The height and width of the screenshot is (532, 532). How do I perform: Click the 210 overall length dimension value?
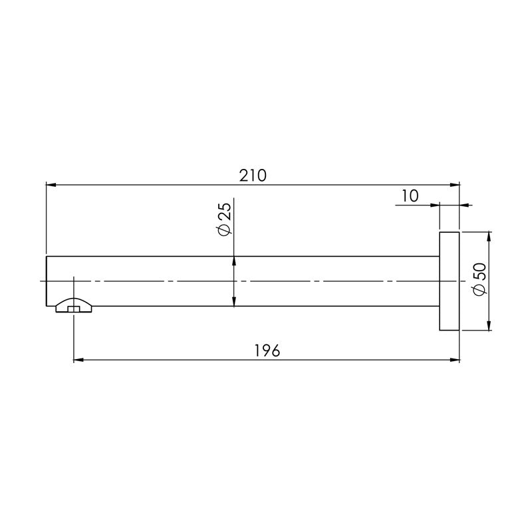click(x=252, y=175)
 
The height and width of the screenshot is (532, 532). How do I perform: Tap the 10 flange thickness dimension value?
click(x=410, y=196)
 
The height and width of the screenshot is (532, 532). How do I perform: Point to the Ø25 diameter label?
click(x=223, y=219)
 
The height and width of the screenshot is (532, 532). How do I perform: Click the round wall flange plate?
click(x=449, y=281)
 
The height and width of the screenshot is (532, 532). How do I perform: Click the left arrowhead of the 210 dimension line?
click(x=51, y=184)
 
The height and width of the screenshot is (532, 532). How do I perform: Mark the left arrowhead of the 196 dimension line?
click(x=78, y=361)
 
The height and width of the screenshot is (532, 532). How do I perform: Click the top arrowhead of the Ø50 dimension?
click(x=489, y=237)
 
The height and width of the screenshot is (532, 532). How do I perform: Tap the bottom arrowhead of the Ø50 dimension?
click(x=489, y=325)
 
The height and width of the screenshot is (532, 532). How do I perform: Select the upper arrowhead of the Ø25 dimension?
click(x=234, y=261)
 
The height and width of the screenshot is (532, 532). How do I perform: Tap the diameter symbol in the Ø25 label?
click(x=223, y=229)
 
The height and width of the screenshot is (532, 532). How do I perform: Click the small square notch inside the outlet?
click(x=74, y=309)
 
